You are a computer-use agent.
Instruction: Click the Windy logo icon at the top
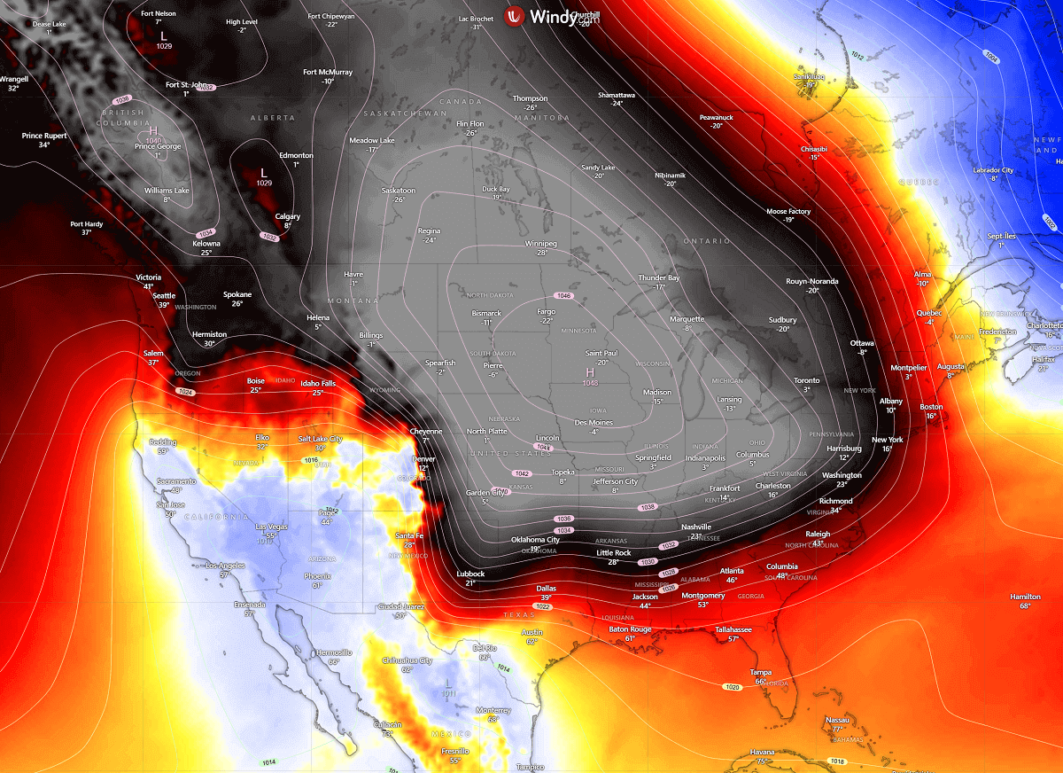515,16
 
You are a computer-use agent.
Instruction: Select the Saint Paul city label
601,353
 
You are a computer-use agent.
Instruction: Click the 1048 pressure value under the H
590,383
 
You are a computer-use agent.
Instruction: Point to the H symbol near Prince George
152,130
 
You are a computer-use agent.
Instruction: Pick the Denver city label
424,459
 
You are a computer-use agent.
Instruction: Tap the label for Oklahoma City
535,540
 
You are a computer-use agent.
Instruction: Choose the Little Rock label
613,553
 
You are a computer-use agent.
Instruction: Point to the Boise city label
255,381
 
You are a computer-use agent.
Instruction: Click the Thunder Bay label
659,278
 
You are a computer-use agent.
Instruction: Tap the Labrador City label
993,170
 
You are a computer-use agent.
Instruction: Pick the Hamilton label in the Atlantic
1024,597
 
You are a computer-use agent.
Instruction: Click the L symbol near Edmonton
263,172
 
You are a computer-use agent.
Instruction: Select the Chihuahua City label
407,660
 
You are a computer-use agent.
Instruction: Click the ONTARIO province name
706,241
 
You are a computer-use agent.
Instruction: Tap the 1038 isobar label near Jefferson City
648,507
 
